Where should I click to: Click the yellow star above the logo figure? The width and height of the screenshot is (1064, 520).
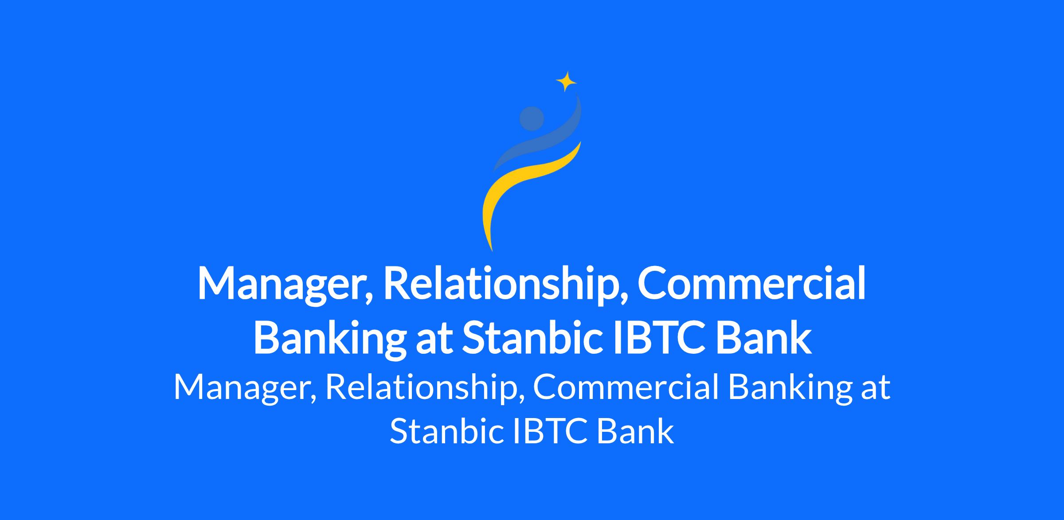coord(566,82)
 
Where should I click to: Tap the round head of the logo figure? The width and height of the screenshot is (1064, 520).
coord(532,119)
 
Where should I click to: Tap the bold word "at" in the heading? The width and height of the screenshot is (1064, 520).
coord(434,339)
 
